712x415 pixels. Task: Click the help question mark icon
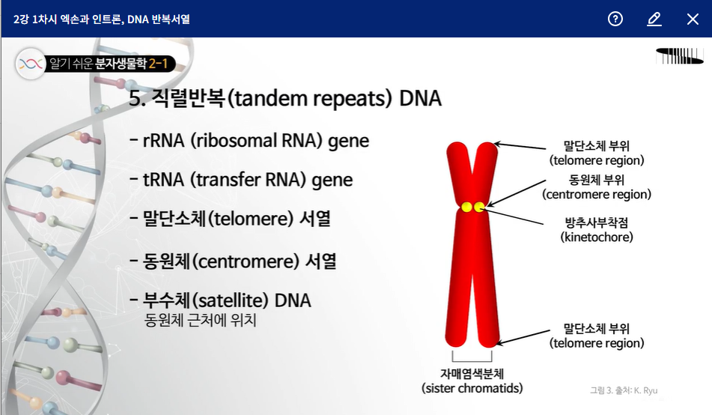(615, 19)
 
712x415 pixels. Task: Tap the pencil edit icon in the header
(654, 19)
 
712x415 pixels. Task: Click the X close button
(693, 19)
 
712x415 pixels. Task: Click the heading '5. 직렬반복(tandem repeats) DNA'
(285, 99)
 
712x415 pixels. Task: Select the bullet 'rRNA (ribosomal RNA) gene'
(249, 141)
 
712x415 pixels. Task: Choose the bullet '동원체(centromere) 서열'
(233, 261)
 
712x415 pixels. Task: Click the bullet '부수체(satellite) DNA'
(220, 300)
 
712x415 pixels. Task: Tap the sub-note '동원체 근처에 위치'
(201, 321)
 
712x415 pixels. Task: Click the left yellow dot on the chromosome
(466, 207)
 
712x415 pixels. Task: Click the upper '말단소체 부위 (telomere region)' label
(597, 152)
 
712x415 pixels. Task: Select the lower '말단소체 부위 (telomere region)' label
(596, 336)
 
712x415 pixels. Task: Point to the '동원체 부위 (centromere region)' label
(597, 187)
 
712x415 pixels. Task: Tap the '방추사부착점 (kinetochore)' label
(597, 229)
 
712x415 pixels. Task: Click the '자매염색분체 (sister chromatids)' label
(472, 381)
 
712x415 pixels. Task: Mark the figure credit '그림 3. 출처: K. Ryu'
(623, 390)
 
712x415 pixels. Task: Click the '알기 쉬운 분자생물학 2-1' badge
(95, 64)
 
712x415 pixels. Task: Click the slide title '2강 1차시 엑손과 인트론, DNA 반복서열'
(102, 19)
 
